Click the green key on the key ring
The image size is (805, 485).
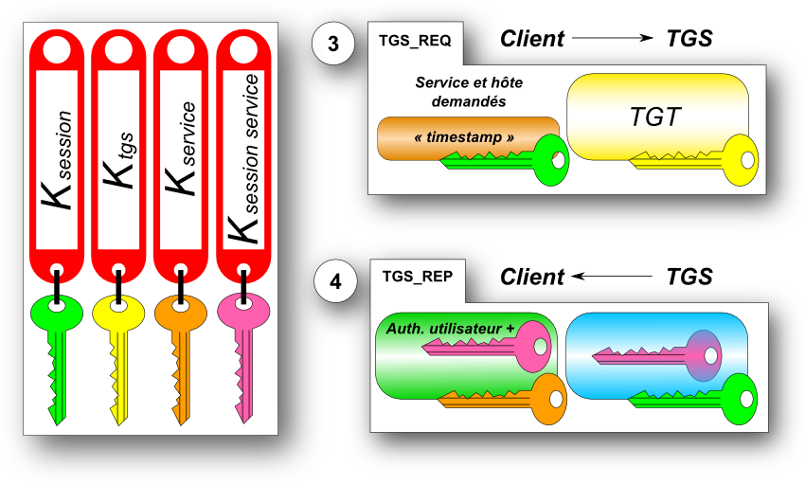pos(59,350)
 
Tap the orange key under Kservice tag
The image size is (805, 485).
pos(180,350)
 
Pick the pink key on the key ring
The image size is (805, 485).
pos(241,350)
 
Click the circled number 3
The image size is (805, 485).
pos(332,45)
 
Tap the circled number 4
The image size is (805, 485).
pos(332,281)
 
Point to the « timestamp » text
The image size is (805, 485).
pos(464,137)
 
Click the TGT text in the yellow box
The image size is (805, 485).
pos(655,117)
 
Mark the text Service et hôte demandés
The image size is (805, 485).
pos(469,92)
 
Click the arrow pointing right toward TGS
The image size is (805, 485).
pos(613,38)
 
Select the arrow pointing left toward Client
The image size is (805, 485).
pos(613,276)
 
